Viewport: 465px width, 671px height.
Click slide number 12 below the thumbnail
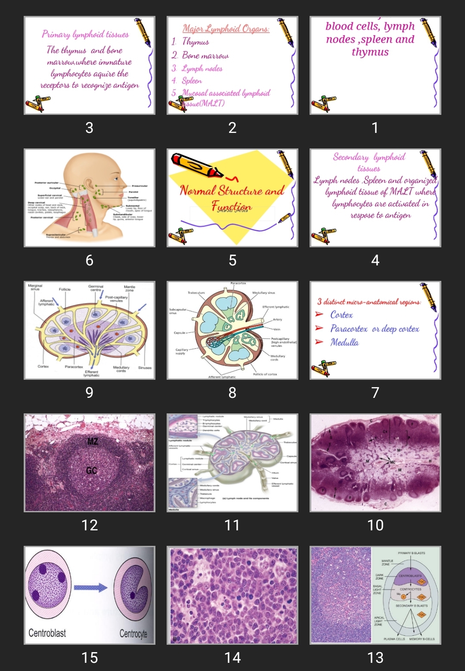[90, 525]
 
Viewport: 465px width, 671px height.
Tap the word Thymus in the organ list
[195, 42]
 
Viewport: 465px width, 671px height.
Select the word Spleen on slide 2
[192, 81]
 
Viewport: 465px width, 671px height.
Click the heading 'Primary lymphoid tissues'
[85, 34]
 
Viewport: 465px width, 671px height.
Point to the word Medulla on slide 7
[344, 342]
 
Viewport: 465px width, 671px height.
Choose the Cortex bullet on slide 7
[341, 315]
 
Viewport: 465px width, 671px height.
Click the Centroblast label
[47, 633]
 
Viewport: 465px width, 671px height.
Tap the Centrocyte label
[133, 634]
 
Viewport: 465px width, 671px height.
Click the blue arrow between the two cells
[90, 588]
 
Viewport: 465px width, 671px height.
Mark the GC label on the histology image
[91, 471]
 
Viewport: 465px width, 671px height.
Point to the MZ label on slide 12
[93, 441]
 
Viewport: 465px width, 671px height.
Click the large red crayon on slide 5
[196, 165]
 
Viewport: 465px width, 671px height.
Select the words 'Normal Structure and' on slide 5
[232, 191]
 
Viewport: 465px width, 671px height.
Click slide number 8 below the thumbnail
[232, 393]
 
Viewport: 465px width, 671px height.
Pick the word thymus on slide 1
[370, 52]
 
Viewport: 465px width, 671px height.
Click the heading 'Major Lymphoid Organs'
[226, 29]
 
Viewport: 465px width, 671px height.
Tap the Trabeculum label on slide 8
[196, 293]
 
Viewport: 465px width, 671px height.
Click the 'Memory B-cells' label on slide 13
[422, 639]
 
